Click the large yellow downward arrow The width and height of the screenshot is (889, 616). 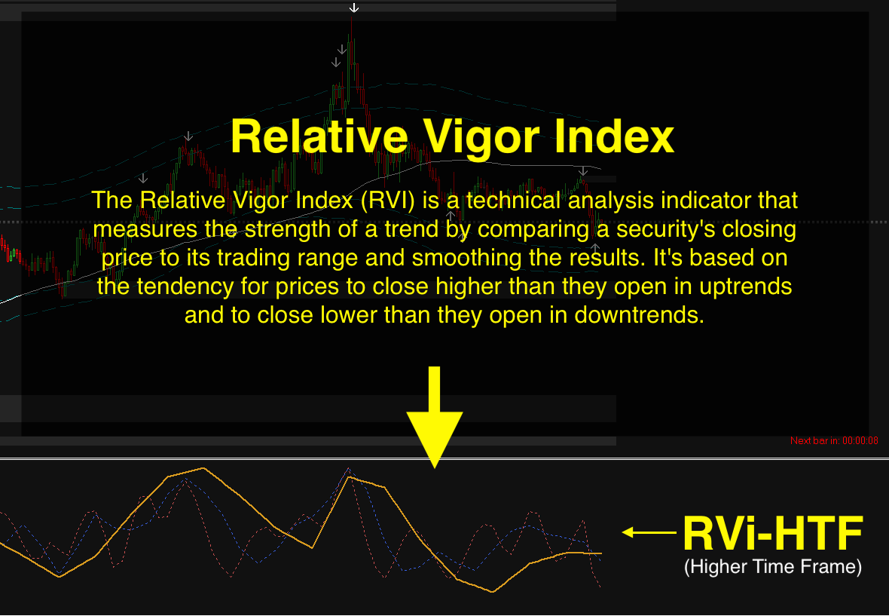pos(434,417)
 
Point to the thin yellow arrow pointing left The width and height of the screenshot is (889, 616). pos(649,532)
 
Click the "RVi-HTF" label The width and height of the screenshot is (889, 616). pos(773,534)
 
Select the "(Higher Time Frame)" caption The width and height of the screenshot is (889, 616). pos(773,567)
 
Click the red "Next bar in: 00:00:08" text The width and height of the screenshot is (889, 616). pos(834,441)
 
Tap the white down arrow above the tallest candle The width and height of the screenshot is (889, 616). pos(354,8)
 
